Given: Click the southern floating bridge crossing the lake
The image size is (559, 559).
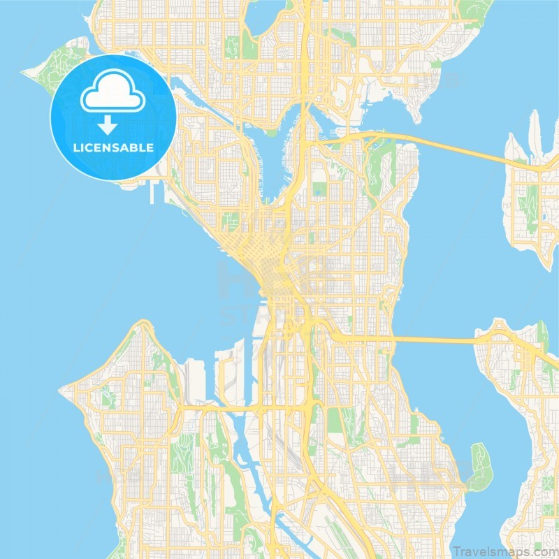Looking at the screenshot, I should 433,340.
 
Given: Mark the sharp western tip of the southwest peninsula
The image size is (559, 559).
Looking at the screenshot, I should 61,388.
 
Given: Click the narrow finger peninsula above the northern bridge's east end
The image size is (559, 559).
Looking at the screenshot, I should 535,133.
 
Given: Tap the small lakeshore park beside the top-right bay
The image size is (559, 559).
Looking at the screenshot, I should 436,64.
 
